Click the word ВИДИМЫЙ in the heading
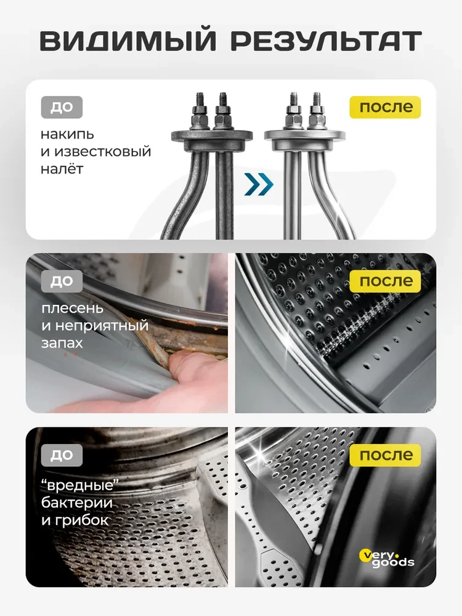click(128, 41)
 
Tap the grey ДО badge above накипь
click(62, 107)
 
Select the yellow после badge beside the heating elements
click(386, 107)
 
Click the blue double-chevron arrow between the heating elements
click(258, 184)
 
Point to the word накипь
click(67, 135)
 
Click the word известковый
click(102, 152)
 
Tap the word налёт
click(62, 169)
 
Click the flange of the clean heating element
click(304, 136)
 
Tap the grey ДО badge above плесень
click(62, 282)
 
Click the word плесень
click(72, 309)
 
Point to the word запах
click(62, 343)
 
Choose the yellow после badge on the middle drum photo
click(386, 282)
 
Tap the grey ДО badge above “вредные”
click(62, 455)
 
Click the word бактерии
click(77, 503)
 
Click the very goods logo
click(387, 558)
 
